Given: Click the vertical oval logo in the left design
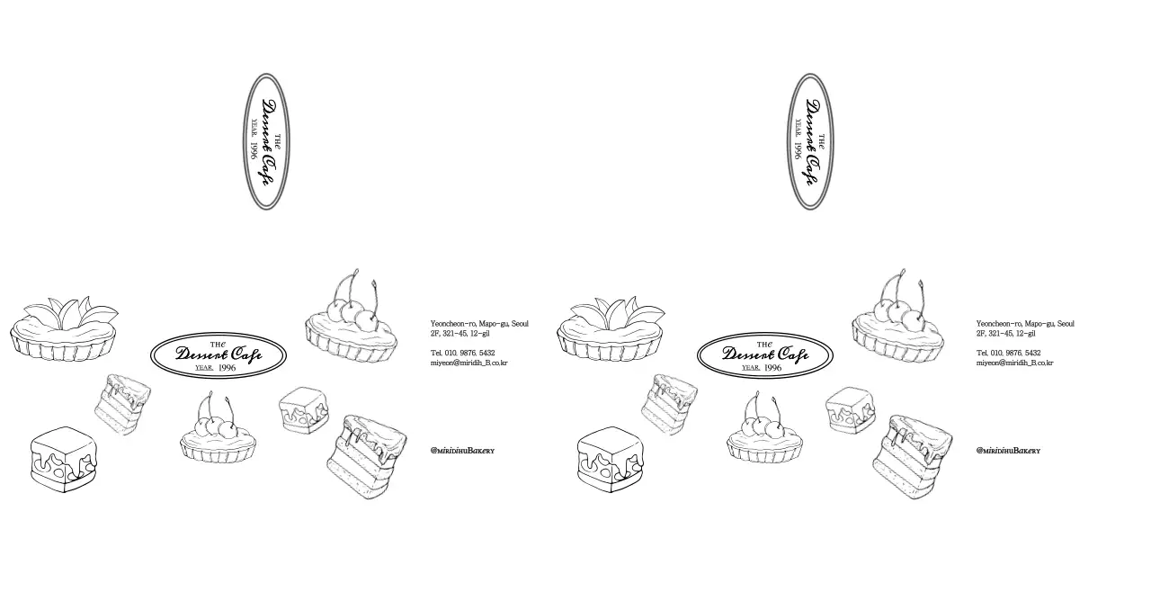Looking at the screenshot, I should [267, 141].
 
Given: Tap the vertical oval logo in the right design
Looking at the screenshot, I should [810, 141].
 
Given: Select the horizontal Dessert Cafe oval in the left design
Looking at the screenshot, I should [219, 354].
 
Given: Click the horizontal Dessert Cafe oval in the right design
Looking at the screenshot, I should [765, 354].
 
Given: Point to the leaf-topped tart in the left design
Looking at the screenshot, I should [64, 329].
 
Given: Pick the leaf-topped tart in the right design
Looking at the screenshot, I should [611, 329].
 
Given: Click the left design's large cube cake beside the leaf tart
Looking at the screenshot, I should [63, 460].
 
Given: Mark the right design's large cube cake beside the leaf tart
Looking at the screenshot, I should [610, 460].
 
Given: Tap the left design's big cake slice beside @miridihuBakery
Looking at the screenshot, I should [367, 456].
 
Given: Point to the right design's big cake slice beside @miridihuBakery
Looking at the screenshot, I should [913, 456].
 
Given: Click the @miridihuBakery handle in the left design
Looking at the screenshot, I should [462, 451].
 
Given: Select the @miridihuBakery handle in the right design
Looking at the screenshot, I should [1008, 451].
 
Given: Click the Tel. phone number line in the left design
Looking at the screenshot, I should [462, 353].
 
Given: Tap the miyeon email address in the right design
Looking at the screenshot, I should [1014, 363].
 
